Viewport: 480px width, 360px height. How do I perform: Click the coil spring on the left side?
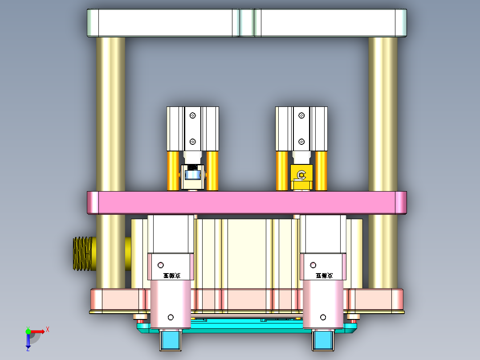(82, 254)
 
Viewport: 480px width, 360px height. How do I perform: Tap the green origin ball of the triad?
(28, 331)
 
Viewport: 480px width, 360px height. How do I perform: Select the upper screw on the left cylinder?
(192, 115)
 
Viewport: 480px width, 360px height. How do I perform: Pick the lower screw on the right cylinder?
(301, 142)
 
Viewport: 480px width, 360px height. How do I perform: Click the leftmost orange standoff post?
(173, 171)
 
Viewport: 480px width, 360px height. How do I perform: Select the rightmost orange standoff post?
(321, 171)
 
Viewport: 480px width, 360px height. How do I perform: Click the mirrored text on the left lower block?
(171, 276)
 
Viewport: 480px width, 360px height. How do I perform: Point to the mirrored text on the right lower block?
(324, 276)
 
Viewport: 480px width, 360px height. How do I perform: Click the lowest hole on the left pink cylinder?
(170, 317)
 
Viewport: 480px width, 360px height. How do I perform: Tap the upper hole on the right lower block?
(313, 265)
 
